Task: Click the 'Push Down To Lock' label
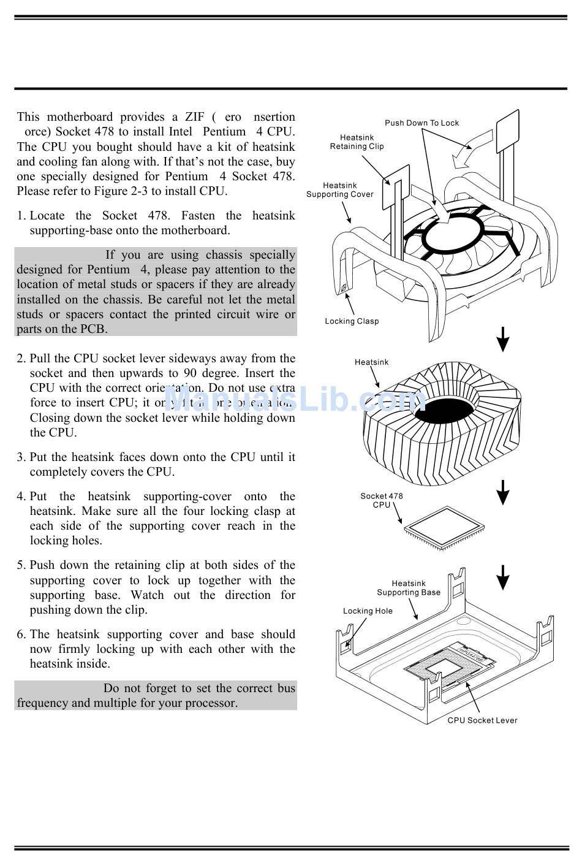tap(421, 123)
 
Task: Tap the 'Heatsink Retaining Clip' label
tap(357, 142)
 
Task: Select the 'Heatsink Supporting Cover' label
tap(339, 190)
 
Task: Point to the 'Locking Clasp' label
tap(352, 321)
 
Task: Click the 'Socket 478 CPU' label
tap(381, 500)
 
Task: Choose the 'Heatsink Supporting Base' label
tap(408, 588)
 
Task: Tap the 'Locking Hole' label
tap(368, 611)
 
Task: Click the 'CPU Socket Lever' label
tap(482, 720)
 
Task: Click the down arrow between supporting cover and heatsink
tap(502, 339)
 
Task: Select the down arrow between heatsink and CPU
tap(502, 492)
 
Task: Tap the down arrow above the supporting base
tap(502, 577)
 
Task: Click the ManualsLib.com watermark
tap(294, 400)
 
